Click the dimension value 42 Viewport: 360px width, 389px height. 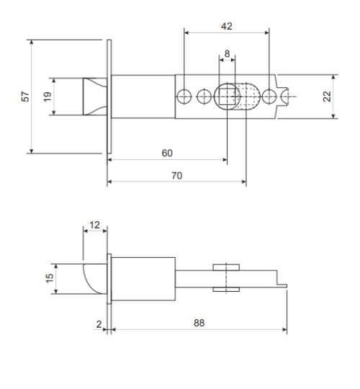tap(226, 26)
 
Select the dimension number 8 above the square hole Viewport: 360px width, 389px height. tap(227, 54)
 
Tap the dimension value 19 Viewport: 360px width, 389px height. tap(48, 97)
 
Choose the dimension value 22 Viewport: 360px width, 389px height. tap(328, 96)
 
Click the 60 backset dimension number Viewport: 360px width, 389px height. tap(166, 153)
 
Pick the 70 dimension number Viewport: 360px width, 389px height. tap(176, 175)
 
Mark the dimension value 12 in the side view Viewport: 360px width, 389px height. tap(95, 225)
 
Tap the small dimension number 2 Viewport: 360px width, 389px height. tap(99, 324)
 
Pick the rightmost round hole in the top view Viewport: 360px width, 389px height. tap(269, 95)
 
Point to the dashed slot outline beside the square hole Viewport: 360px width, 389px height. tap(248, 95)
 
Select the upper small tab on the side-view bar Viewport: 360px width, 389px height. tap(225, 267)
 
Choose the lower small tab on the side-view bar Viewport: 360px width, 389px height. tap(225, 290)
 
